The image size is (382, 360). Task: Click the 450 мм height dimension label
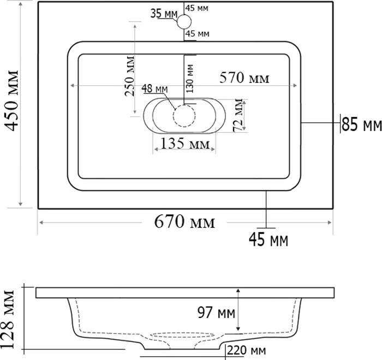click(11, 101)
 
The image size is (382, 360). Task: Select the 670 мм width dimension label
click(184, 222)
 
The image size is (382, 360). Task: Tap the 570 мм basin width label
click(244, 78)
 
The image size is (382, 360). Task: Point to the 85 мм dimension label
click(361, 125)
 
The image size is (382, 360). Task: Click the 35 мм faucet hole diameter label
click(164, 14)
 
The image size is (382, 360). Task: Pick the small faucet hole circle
click(184, 22)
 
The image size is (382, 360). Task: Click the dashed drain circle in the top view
click(184, 116)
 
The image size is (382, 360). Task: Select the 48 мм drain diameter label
click(154, 88)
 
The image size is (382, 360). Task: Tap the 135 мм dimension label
click(185, 144)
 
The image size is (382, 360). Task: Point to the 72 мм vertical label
click(238, 115)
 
